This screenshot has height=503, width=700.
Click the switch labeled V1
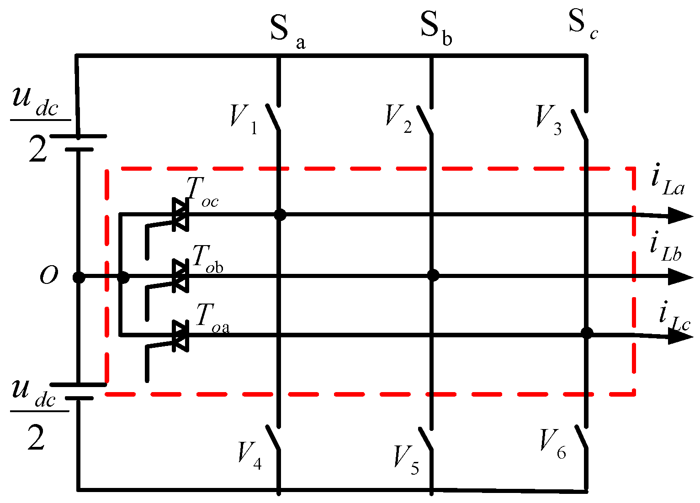coord(273,118)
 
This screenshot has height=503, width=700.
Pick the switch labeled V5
coord(426,439)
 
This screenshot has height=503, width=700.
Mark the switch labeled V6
coord(580,437)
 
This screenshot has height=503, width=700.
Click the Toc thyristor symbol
coord(180,215)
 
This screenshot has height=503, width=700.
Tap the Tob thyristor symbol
coord(180,276)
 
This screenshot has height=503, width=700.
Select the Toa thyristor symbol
coord(180,335)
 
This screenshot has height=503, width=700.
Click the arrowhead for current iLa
coord(680,215)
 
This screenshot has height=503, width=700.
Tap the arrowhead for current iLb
coord(680,277)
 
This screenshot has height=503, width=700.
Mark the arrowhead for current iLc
coord(680,336)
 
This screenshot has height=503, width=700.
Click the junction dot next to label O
coord(79,277)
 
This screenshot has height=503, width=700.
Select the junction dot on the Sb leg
coord(433,275)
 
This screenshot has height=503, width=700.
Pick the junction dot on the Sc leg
coord(587,332)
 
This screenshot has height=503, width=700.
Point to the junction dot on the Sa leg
coord(280,215)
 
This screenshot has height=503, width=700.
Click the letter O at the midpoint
coord(49,276)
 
